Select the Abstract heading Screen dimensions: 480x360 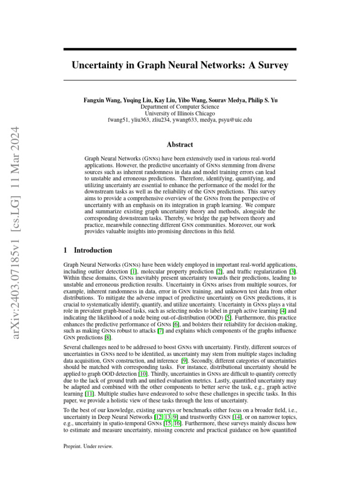(180, 144)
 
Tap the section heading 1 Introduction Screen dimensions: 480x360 (88, 250)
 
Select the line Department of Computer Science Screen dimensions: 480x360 (180, 107)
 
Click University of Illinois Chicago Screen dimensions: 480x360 (180, 113)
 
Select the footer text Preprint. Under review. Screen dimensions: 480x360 (88, 446)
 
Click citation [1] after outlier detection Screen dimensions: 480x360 (134, 271)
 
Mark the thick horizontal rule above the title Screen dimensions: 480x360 (180, 49)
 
